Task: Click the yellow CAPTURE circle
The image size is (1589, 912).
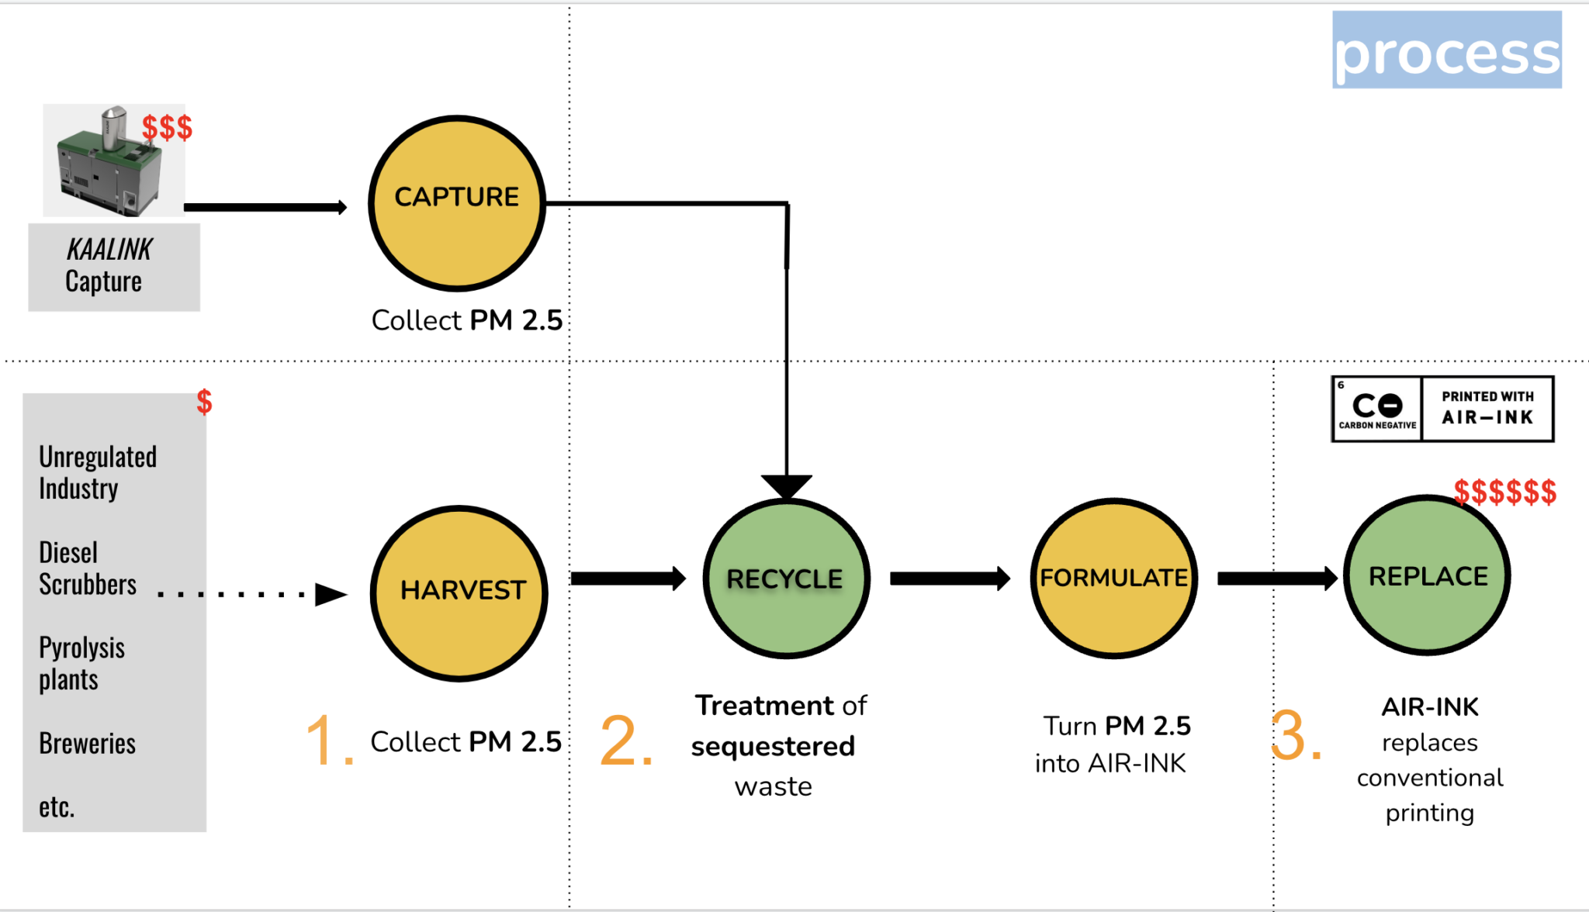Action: click(456, 203)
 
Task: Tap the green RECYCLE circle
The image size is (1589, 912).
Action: click(786, 579)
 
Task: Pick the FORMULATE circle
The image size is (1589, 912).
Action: click(1113, 579)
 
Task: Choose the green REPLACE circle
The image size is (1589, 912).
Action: click(1427, 576)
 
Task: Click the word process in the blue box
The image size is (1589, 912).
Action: click(1446, 53)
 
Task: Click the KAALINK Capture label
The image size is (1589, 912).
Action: click(109, 266)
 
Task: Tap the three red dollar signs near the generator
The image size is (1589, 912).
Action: click(167, 127)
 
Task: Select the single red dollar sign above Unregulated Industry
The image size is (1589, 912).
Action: click(204, 402)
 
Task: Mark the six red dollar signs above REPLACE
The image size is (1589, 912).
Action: click(1504, 492)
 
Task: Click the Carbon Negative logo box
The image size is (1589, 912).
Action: click(1377, 409)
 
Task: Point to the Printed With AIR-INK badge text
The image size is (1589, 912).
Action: click(1487, 408)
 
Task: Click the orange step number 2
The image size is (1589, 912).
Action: click(625, 741)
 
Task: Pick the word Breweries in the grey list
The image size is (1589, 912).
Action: click(87, 743)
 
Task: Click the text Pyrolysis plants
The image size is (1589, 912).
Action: click(81, 663)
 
